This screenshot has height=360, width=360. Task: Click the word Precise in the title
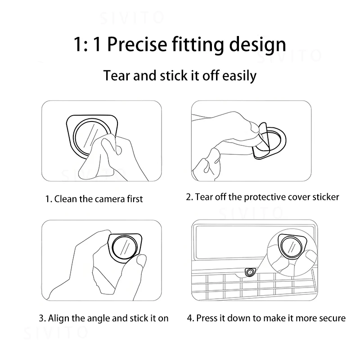[137, 44]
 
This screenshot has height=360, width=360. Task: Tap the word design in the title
[257, 45]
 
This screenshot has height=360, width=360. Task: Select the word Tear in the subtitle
[117, 75]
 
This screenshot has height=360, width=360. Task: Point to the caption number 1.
[48, 199]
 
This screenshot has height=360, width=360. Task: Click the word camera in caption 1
[110, 199]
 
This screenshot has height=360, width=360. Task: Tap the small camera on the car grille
[250, 272]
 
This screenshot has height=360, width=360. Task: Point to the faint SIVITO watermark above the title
[132, 18]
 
